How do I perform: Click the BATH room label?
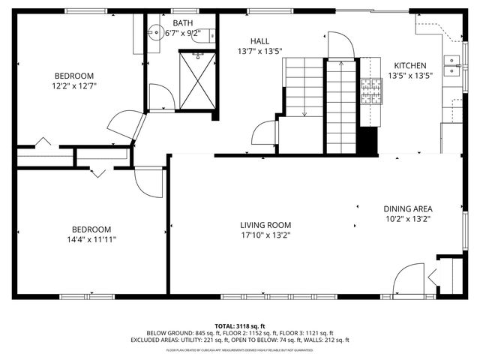click(x=182, y=23)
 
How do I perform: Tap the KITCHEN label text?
click(x=409, y=66)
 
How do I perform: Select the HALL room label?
click(x=260, y=41)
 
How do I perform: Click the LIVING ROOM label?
click(x=265, y=225)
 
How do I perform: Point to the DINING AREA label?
click(x=409, y=208)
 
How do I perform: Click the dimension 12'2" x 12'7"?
click(x=73, y=86)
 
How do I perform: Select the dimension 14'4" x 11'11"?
click(x=91, y=240)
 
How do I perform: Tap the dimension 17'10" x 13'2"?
click(x=265, y=235)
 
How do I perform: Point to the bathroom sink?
click(x=155, y=31)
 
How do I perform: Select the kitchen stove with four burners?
click(x=370, y=91)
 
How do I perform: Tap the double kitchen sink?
click(x=452, y=68)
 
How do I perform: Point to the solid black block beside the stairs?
click(x=367, y=140)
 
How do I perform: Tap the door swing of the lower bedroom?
click(x=148, y=183)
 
